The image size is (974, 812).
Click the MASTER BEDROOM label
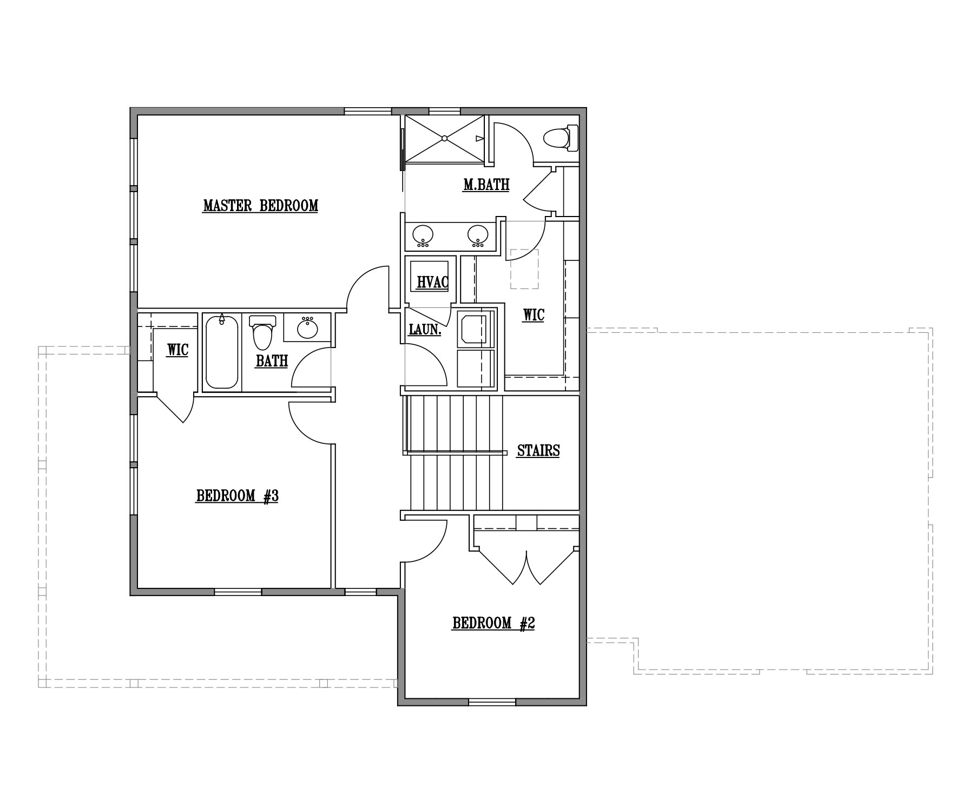pyautogui.click(x=260, y=206)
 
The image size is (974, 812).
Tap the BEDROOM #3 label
pyautogui.click(x=237, y=496)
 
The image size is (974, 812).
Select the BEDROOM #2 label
pyautogui.click(x=493, y=624)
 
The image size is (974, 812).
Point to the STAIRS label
pyautogui.click(x=538, y=450)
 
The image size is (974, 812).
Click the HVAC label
pyautogui.click(x=433, y=282)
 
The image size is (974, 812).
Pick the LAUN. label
pyautogui.click(x=425, y=329)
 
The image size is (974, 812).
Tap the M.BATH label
pyautogui.click(x=486, y=185)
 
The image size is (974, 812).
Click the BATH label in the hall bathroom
pyautogui.click(x=272, y=361)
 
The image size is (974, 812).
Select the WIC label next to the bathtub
pyautogui.click(x=177, y=350)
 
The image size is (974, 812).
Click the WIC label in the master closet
pyautogui.click(x=534, y=315)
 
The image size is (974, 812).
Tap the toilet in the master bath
pyautogui.click(x=560, y=137)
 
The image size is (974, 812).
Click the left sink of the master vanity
pyautogui.click(x=423, y=235)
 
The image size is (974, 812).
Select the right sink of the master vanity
pyautogui.click(x=478, y=235)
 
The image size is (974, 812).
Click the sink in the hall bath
pyautogui.click(x=308, y=328)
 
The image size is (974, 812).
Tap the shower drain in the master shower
pyautogui.click(x=444, y=139)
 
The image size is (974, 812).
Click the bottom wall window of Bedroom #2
pyautogui.click(x=492, y=702)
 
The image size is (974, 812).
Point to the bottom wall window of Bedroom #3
pyautogui.click(x=238, y=592)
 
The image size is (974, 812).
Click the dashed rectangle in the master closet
pyautogui.click(x=524, y=269)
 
